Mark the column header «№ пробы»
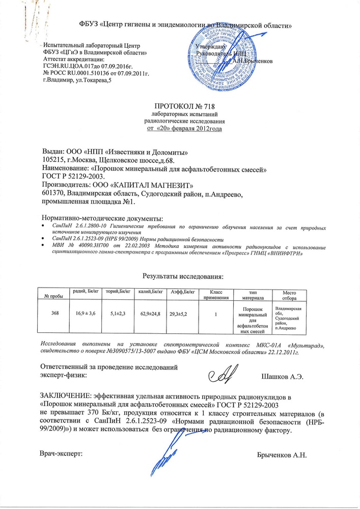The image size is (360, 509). click(51, 296)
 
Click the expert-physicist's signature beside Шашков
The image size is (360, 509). click(224, 375)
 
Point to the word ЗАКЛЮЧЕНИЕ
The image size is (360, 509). click(64, 396)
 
